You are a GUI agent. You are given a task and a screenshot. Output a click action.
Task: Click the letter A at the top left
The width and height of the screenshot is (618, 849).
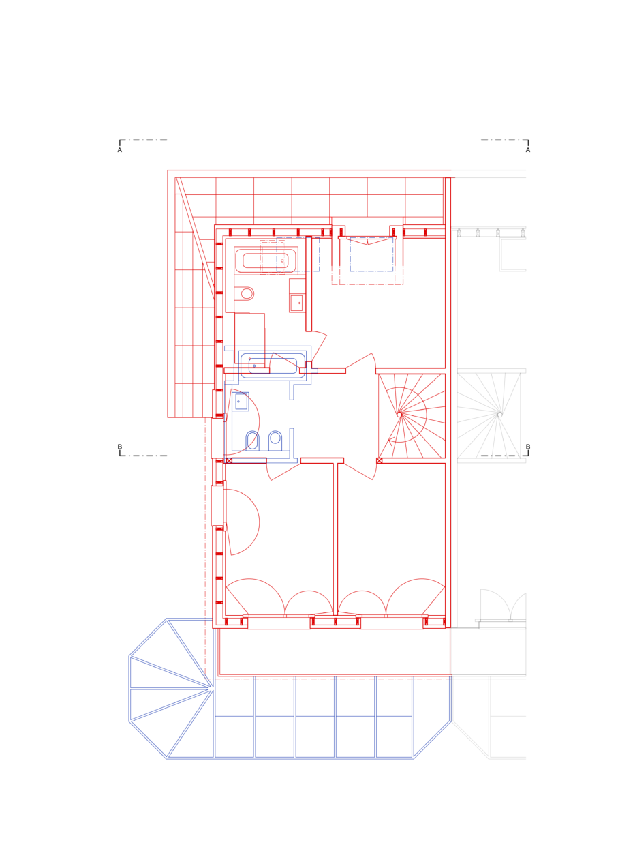click(120, 150)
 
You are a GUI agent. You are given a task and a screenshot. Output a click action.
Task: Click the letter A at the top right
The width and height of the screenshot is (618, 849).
click(528, 150)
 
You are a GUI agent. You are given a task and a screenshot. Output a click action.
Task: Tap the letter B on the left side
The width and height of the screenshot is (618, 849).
click(120, 447)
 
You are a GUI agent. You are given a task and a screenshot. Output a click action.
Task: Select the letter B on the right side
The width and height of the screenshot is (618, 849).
click(528, 447)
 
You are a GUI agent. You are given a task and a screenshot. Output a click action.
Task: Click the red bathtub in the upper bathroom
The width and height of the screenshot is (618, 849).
click(266, 260)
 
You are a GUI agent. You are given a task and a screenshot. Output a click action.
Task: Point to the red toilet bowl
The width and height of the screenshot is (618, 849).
click(245, 293)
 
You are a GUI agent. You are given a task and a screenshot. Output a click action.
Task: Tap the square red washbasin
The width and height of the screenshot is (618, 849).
click(296, 303)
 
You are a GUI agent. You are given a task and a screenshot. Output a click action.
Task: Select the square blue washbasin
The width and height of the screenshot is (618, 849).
click(241, 402)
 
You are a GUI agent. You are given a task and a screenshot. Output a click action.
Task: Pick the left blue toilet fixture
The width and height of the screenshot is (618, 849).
click(252, 441)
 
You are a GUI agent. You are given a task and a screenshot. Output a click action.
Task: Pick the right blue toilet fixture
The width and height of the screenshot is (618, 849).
click(275, 441)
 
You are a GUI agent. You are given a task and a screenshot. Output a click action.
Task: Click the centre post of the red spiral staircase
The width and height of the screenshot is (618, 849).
click(399, 415)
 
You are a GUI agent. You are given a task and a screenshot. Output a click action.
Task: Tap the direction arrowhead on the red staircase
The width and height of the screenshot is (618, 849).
click(392, 441)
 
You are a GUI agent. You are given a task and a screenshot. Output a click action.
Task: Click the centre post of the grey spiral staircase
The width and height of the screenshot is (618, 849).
click(499, 415)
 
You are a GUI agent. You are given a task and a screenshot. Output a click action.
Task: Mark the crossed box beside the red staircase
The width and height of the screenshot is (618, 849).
click(380, 460)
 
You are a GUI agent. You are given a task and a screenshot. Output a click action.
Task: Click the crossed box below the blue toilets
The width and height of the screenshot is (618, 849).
click(229, 460)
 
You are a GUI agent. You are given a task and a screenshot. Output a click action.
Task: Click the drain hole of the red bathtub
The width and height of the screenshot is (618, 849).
click(282, 260)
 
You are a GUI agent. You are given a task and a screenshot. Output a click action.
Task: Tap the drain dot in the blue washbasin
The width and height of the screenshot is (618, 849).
click(238, 402)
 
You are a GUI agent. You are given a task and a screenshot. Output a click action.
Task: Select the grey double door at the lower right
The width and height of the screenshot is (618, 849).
click(503, 606)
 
